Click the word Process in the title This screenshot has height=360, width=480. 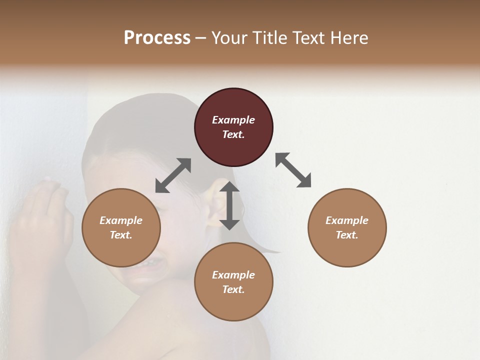(157, 38)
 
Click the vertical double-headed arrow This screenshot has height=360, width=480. (229, 205)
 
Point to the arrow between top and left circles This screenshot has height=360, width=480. (173, 175)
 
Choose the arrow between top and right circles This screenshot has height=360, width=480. (293, 170)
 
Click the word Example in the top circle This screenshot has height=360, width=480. (233, 120)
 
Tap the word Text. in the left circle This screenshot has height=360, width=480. (121, 235)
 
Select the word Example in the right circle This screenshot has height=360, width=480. (346, 220)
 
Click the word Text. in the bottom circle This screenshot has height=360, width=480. (233, 289)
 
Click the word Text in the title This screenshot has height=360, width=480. (307, 38)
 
